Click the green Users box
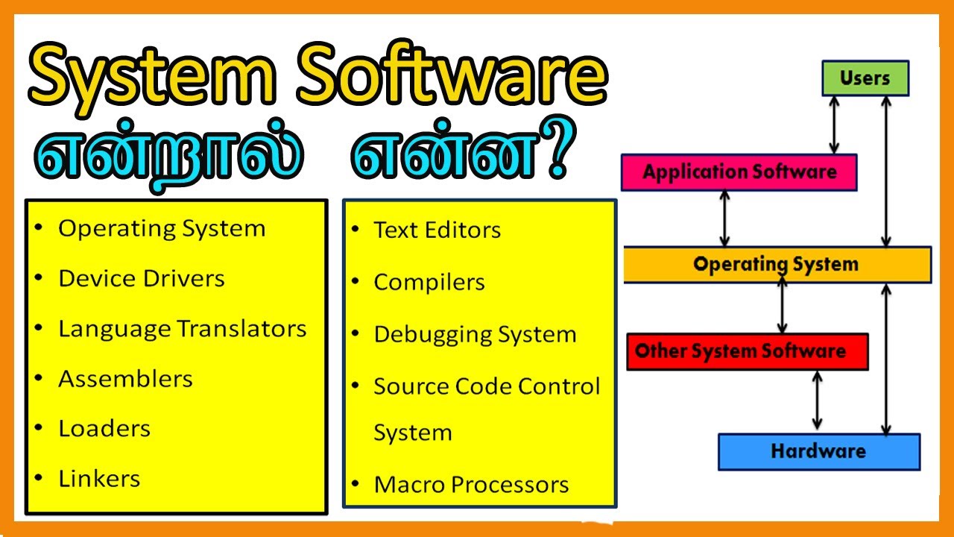point(865,78)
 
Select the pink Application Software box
point(739,172)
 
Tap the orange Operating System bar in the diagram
point(777,264)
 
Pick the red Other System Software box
point(747,351)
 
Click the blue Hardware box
point(818,451)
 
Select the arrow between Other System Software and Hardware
point(818,401)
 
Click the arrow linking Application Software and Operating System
point(724,219)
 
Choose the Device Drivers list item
point(142,278)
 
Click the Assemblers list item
point(125,379)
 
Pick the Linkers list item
point(99,478)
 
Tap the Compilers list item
point(429,282)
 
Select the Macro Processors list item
point(471,485)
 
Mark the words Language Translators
point(183,329)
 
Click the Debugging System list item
point(475,334)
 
